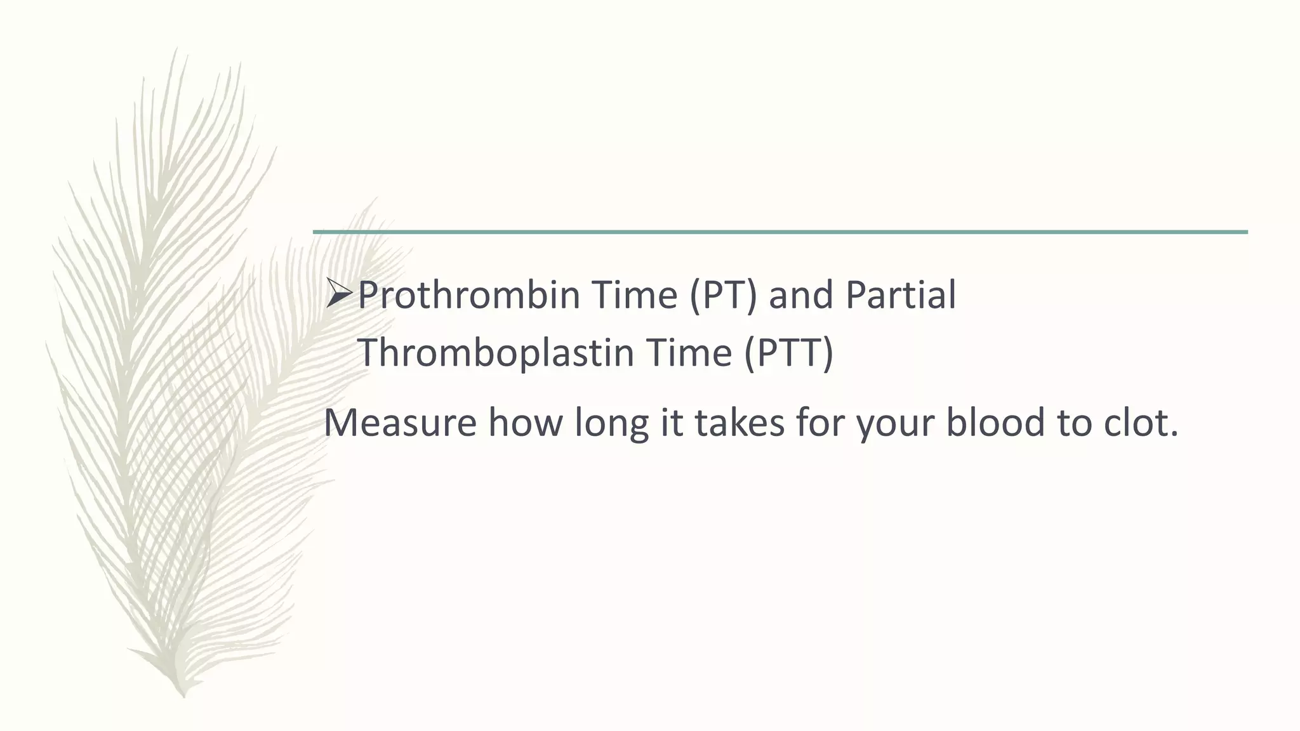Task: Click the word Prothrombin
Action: pos(469,296)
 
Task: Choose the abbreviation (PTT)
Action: pos(788,353)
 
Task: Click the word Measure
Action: pos(400,423)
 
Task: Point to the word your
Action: pos(895,424)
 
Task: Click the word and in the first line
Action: pos(800,296)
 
